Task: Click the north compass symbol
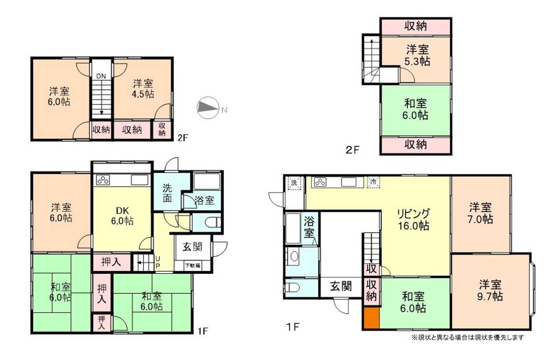coord(208,108)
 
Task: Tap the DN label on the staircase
coord(101,76)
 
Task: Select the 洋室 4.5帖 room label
coord(143,88)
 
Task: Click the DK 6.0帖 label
coord(122,216)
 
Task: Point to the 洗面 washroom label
coord(167,193)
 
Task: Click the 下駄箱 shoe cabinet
coord(192,266)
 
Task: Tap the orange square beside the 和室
coord(371,318)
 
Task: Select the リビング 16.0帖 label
coord(414,220)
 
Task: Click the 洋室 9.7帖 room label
coord(490,291)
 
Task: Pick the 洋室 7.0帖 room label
coord(480,213)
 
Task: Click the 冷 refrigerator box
coord(373,182)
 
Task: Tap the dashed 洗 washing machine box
coord(294,183)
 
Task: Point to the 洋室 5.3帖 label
coord(417,55)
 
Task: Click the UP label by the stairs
coord(157,262)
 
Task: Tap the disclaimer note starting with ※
coord(467,337)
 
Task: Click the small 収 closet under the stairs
coord(371,269)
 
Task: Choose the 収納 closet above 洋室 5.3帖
coord(415,26)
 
